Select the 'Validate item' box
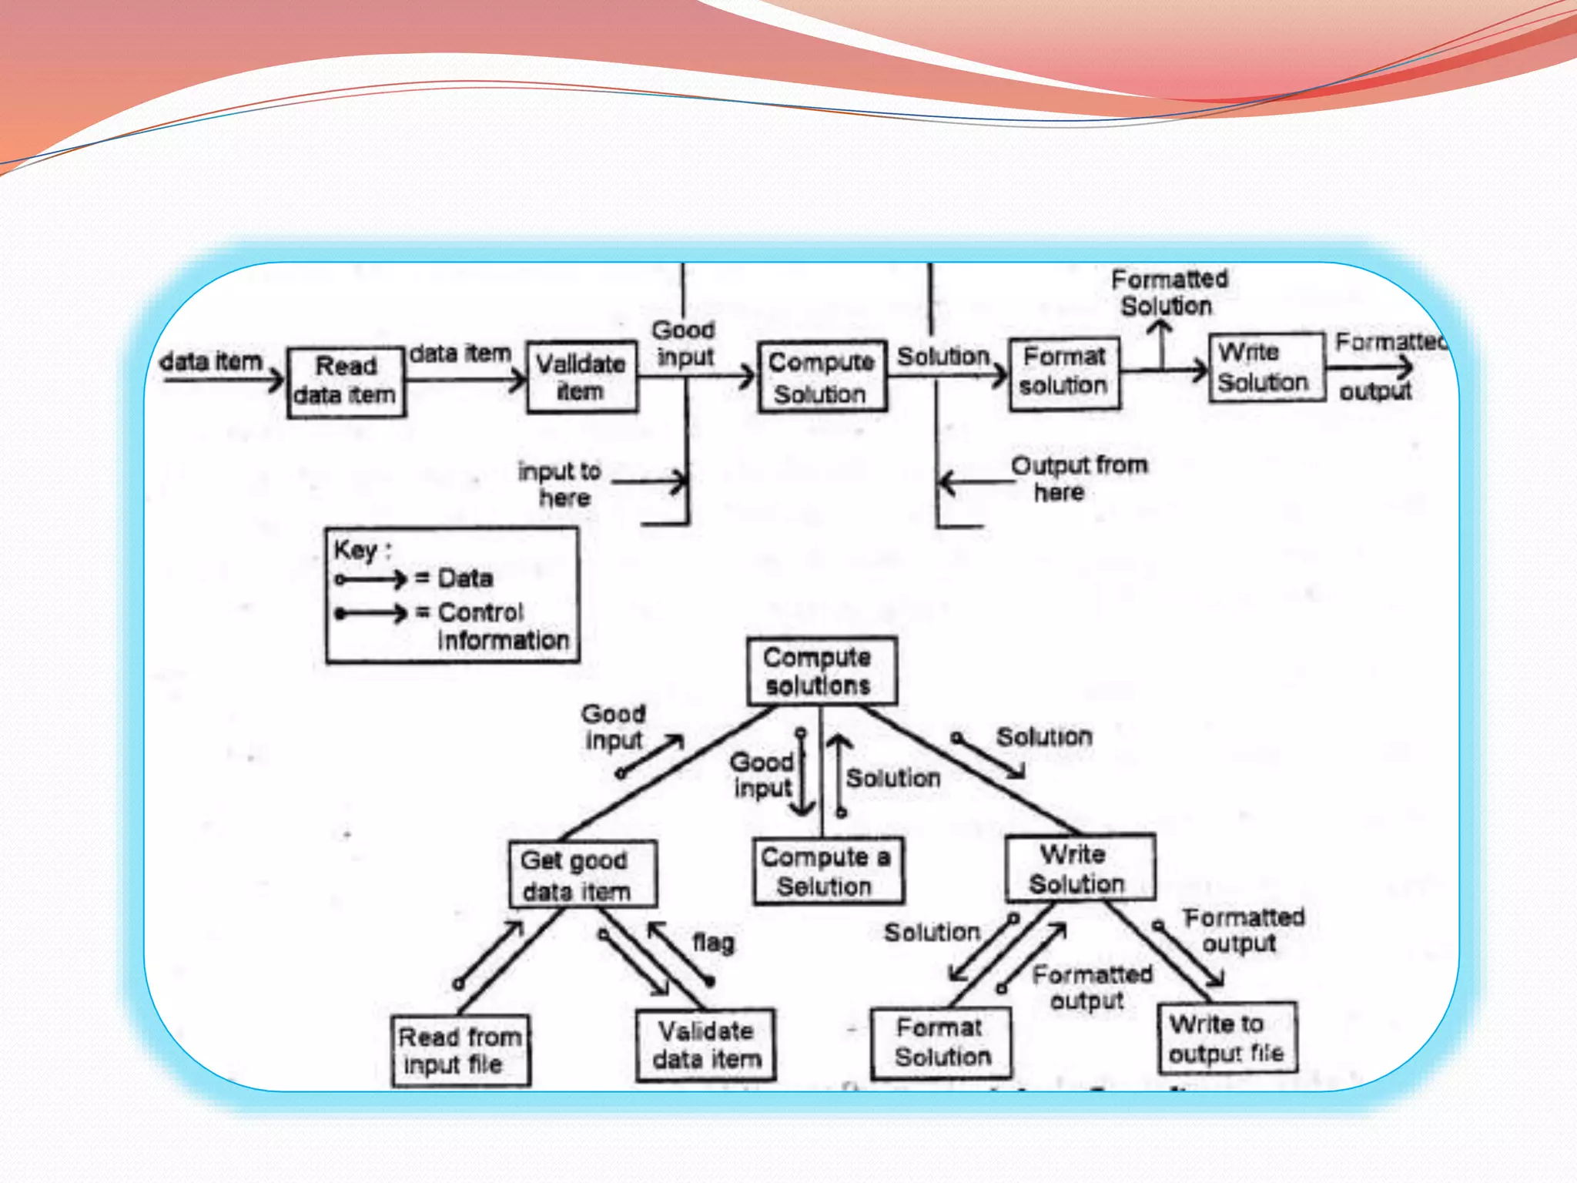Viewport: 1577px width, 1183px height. tap(582, 377)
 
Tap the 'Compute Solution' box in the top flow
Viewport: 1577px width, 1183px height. tap(822, 377)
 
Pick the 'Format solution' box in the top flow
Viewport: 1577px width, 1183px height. tap(1064, 374)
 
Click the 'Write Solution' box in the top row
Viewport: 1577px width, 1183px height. tap(1265, 367)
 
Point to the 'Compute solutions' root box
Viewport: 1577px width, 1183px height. tap(821, 671)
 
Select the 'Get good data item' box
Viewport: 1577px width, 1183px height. tap(582, 875)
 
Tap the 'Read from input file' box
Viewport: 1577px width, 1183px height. tap(460, 1051)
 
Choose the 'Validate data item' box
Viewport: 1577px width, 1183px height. tap(705, 1045)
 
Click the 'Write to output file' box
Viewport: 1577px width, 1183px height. tap(1227, 1038)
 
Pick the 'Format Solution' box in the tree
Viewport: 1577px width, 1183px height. tap(940, 1042)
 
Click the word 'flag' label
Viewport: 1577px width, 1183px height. tap(713, 943)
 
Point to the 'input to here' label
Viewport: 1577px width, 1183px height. tap(561, 484)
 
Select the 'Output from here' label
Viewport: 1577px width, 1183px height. tap(1077, 478)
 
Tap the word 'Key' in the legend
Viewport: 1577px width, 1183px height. tap(355, 551)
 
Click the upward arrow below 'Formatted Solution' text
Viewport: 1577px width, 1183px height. tap(1161, 344)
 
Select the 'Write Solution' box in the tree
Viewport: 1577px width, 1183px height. tap(1079, 868)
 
